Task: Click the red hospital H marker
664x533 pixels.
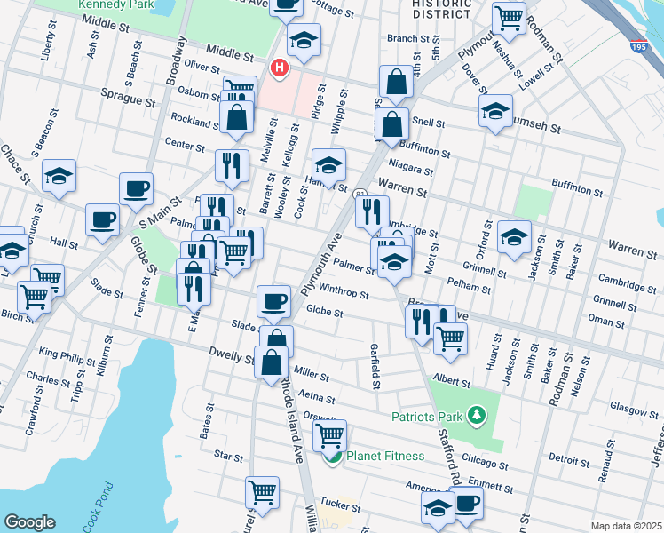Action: click(x=281, y=68)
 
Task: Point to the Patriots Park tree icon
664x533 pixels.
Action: click(x=477, y=415)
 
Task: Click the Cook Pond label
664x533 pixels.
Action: click(x=98, y=508)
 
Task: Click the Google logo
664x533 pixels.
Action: click(x=29, y=522)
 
